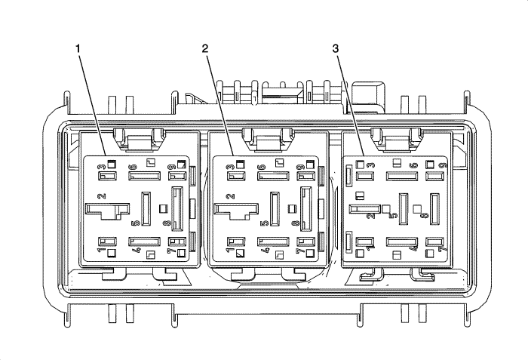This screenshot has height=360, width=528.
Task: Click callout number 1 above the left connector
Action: click(x=78, y=49)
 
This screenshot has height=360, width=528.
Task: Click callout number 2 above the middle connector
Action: click(x=205, y=49)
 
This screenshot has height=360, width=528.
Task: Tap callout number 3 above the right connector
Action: click(x=336, y=49)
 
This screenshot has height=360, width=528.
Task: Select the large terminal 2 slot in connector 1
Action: click(x=104, y=209)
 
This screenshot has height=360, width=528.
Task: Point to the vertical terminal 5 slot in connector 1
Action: click(x=146, y=209)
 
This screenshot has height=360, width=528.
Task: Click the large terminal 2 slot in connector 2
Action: click(x=233, y=209)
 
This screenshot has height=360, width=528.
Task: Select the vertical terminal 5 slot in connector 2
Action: click(x=275, y=209)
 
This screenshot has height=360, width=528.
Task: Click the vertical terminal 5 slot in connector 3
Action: click(x=403, y=209)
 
